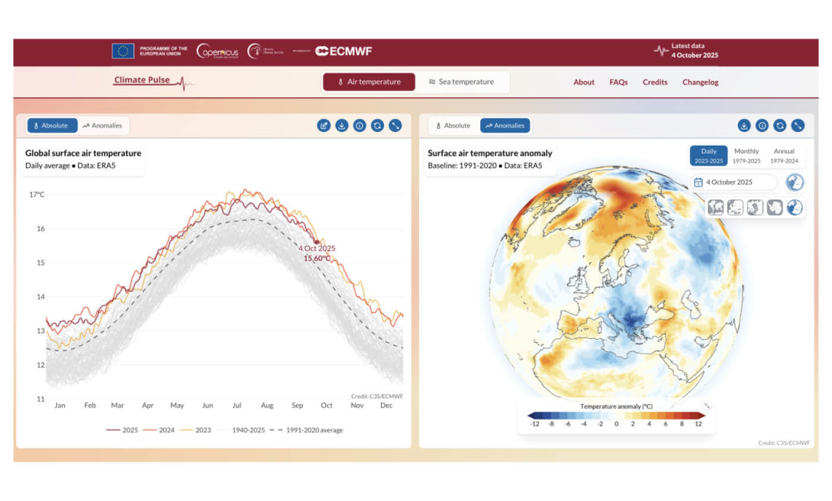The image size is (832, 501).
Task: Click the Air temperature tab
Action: [x=369, y=82]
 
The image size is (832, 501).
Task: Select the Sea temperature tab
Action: [x=461, y=82]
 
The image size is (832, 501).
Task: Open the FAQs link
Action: [x=618, y=82]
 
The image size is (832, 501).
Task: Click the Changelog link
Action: [x=700, y=82]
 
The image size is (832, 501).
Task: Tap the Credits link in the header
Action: [x=654, y=82]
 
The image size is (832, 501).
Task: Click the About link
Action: [x=584, y=82]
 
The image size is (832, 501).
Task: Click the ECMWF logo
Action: [x=343, y=51]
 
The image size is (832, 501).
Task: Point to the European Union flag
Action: [x=122, y=51]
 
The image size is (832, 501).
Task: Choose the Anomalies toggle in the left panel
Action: [x=102, y=125]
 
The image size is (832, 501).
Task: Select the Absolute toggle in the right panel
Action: [x=453, y=125]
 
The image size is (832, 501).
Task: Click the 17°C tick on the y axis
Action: [x=37, y=195]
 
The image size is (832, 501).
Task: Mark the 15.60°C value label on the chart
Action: [x=317, y=258]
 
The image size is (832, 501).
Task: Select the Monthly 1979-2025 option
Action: [x=746, y=156]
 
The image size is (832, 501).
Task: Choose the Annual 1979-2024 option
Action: [x=783, y=156]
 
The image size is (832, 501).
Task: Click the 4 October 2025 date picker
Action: [x=734, y=183]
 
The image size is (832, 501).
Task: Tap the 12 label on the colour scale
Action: [x=697, y=424]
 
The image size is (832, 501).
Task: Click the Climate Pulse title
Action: [x=143, y=80]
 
